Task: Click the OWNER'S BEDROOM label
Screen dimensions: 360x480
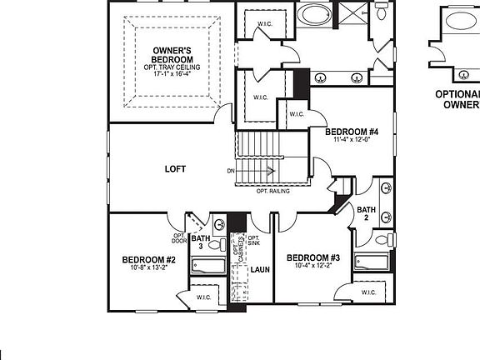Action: tap(172, 56)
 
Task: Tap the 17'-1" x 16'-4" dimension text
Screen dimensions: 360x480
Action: tap(172, 74)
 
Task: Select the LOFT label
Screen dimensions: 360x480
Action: tap(177, 169)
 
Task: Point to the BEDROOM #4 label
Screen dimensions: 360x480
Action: tap(352, 132)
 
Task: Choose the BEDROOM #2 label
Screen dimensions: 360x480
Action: tap(148, 260)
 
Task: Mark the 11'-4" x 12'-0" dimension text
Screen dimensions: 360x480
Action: tap(351, 140)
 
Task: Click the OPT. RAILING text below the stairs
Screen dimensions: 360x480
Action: tap(272, 192)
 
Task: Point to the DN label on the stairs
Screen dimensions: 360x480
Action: tap(230, 171)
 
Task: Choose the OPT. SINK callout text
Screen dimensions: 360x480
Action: tap(254, 241)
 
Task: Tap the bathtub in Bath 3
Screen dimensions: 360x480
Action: tap(208, 267)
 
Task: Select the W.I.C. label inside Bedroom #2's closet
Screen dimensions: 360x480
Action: tap(205, 297)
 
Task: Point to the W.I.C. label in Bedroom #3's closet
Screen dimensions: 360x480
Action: tap(369, 292)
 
